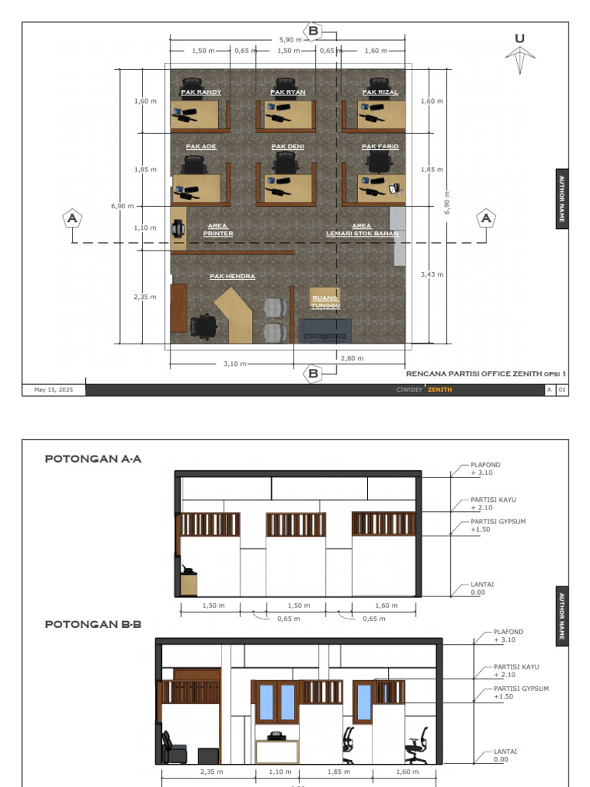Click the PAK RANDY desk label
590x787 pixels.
(x=201, y=92)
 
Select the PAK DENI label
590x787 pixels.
(x=288, y=146)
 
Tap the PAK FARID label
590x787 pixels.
(x=380, y=146)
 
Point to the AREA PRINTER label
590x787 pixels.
(x=218, y=230)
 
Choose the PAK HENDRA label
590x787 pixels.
(x=232, y=276)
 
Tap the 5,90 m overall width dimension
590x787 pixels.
(x=290, y=39)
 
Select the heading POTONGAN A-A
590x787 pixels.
(x=93, y=459)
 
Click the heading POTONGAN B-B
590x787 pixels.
(x=93, y=624)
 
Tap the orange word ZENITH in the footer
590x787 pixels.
(x=439, y=390)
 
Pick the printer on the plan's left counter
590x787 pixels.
(x=178, y=228)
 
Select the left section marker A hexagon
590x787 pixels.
(x=72, y=218)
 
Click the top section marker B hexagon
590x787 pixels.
(x=313, y=31)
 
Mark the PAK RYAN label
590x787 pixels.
(x=288, y=92)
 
